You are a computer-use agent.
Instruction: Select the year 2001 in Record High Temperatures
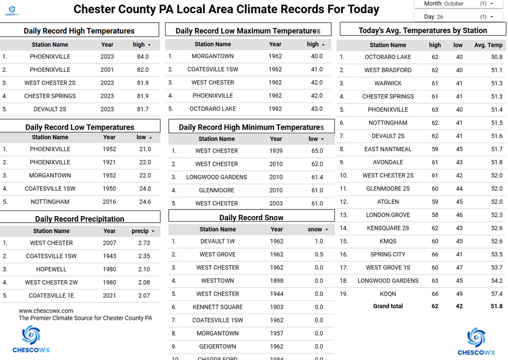click(107, 70)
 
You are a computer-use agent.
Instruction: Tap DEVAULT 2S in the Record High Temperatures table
click(50, 109)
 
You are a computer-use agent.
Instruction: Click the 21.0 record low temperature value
click(145, 149)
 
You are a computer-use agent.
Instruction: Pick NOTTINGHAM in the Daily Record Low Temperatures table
click(50, 202)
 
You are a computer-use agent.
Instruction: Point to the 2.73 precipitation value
click(144, 243)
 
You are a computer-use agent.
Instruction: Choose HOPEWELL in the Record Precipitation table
click(51, 269)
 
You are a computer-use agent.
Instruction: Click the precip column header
click(140, 231)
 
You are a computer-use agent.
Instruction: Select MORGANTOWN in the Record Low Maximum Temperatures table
click(213, 56)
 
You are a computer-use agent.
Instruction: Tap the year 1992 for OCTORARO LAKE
click(275, 109)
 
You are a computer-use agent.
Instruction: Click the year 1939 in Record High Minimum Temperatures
click(276, 151)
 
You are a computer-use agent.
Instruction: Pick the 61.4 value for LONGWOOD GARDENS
click(316, 177)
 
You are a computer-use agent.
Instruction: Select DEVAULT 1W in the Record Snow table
click(217, 242)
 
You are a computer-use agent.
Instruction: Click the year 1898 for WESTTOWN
click(277, 281)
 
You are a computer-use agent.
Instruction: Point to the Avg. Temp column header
click(488, 45)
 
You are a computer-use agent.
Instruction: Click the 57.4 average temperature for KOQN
click(496, 294)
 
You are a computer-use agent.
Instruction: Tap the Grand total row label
click(388, 306)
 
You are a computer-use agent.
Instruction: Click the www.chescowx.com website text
click(46, 311)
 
